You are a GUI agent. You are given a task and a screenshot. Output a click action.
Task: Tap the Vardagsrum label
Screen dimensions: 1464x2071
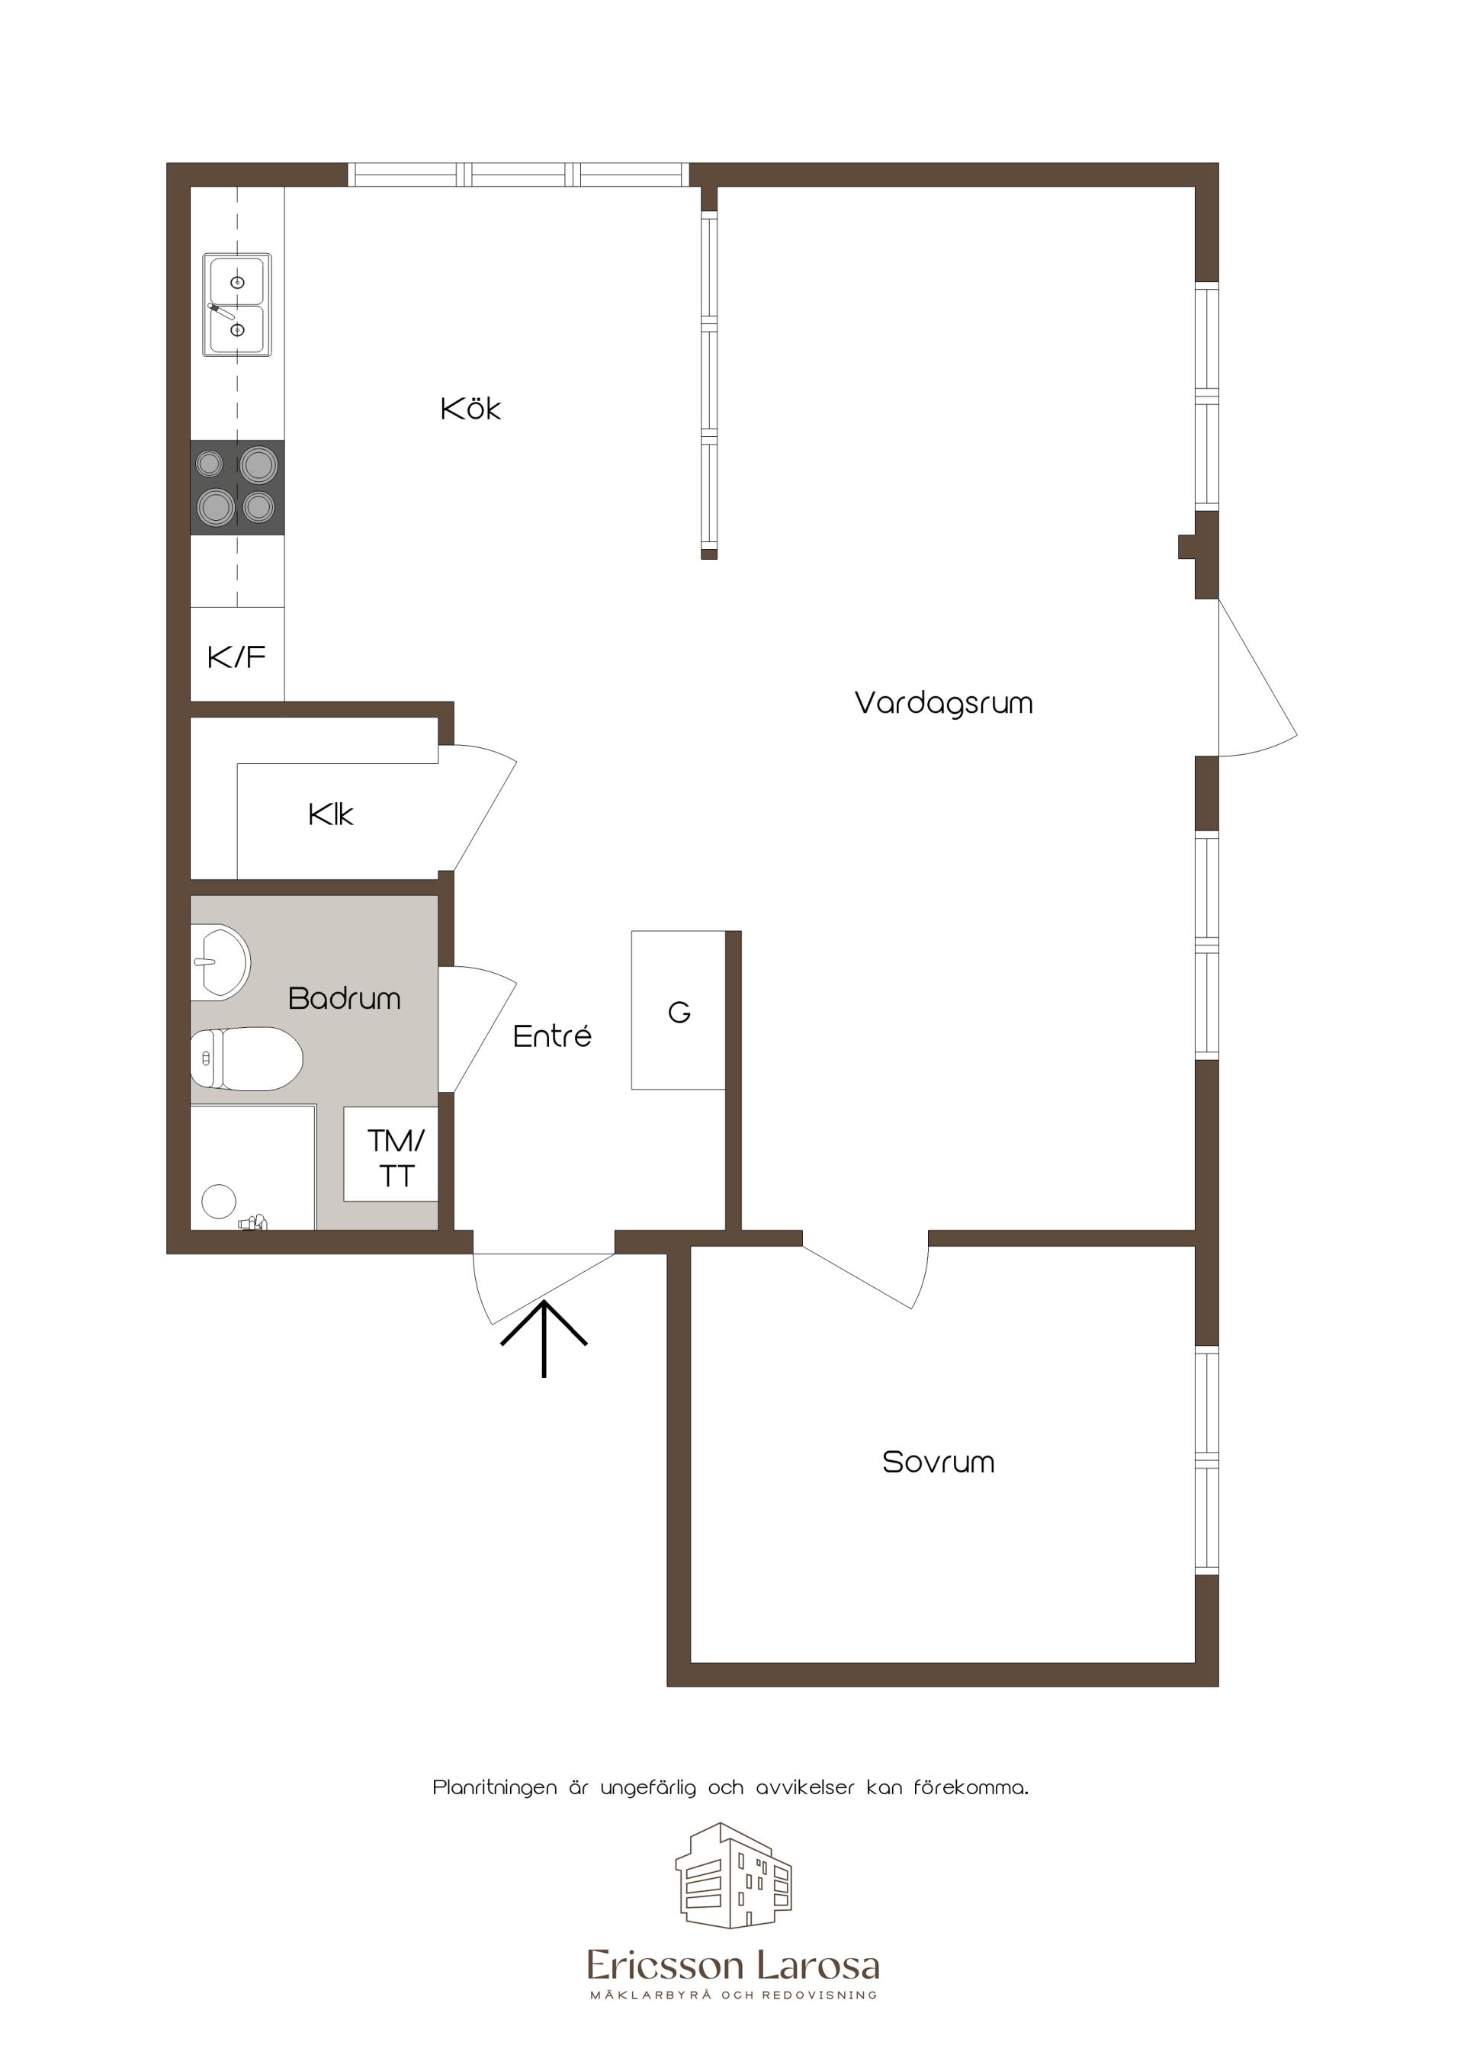(x=943, y=704)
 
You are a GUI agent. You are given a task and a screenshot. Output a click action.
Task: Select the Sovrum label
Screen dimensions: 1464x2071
(x=938, y=1463)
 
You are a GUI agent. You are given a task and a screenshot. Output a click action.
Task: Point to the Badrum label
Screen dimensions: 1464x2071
(x=344, y=999)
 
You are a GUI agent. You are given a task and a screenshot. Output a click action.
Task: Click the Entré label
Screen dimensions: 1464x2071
(x=552, y=1035)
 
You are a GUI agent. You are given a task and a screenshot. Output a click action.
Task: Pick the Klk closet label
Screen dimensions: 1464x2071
(x=330, y=815)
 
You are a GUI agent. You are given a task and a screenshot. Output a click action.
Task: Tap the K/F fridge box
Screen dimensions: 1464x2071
(x=237, y=655)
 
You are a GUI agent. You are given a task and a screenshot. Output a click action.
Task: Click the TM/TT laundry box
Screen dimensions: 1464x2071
(x=390, y=1154)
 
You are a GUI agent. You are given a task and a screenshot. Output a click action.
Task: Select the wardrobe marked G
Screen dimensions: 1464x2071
(x=679, y=1010)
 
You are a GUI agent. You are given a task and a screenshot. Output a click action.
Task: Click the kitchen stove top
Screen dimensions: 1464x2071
(x=237, y=487)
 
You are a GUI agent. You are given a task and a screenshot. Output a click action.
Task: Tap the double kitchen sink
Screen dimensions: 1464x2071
(x=237, y=305)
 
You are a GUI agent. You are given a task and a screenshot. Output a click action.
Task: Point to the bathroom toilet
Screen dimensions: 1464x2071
(x=246, y=1059)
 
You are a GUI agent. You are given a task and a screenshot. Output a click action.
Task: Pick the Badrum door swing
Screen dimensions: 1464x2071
(x=477, y=1029)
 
